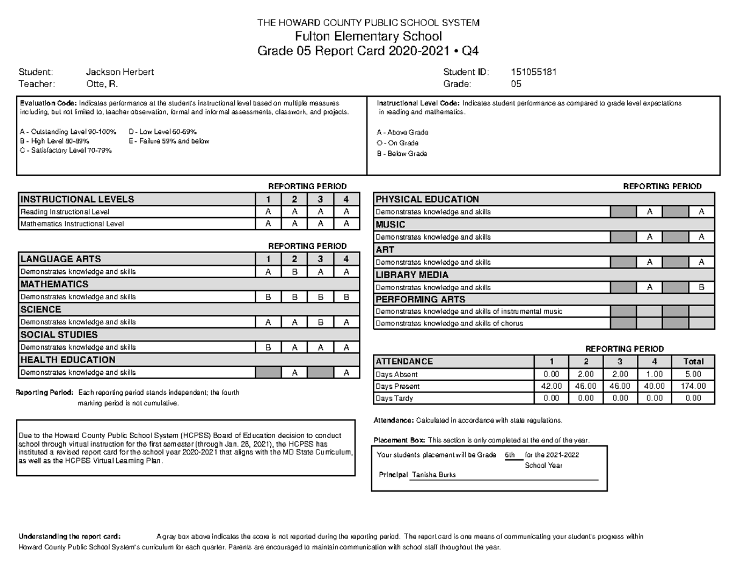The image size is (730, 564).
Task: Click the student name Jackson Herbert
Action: (x=120, y=72)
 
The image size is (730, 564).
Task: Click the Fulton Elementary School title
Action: (x=368, y=37)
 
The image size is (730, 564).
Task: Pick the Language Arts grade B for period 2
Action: (x=294, y=272)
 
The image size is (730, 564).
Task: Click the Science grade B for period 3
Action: (x=320, y=322)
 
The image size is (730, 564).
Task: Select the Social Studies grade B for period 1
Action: (x=268, y=347)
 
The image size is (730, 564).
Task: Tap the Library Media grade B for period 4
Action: (x=701, y=287)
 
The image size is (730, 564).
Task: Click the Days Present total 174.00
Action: (x=693, y=386)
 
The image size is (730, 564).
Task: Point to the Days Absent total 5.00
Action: (x=693, y=374)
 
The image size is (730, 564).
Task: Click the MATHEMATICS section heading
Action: (x=55, y=284)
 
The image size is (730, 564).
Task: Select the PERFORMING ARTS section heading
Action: (x=420, y=299)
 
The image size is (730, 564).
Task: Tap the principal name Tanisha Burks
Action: (x=434, y=475)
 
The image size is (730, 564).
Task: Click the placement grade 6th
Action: (x=510, y=455)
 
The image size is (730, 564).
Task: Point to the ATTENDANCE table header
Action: (x=405, y=361)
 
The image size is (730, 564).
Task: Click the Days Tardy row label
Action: (x=394, y=399)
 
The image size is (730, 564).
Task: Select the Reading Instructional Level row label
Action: (x=64, y=212)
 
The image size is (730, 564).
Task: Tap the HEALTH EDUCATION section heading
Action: (x=68, y=360)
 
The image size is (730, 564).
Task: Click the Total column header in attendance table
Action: (x=693, y=361)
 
